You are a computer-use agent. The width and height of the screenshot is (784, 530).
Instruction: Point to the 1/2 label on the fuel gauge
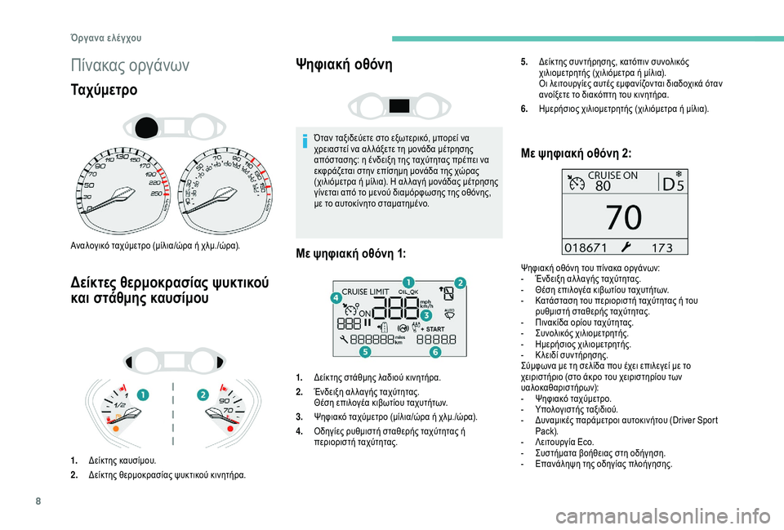point(120,405)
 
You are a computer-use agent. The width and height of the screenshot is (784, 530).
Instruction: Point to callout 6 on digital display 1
point(434,352)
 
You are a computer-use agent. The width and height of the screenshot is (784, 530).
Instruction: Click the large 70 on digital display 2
point(623,218)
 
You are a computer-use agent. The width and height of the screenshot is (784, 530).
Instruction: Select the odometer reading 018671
point(586,246)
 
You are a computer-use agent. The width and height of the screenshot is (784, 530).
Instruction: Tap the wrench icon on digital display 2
point(625,246)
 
